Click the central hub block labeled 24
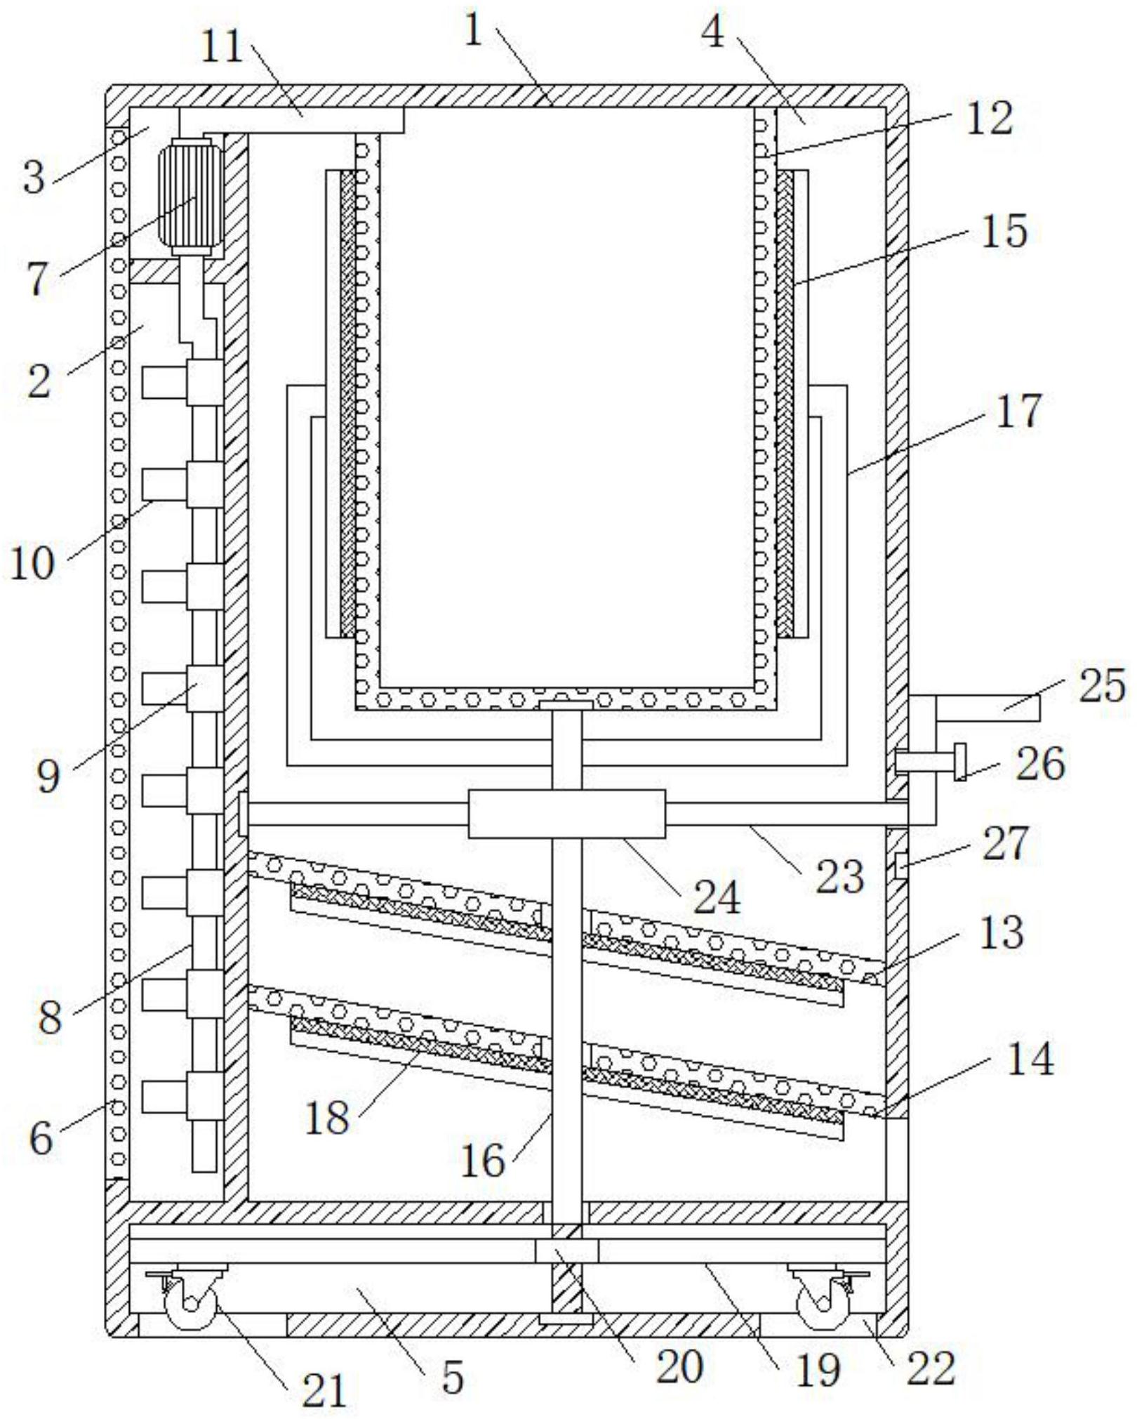(x=566, y=814)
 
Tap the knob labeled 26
(x=959, y=761)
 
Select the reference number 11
(x=223, y=49)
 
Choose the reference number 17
(x=1019, y=411)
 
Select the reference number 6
(x=40, y=1136)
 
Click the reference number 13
(x=1002, y=932)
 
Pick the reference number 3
(x=33, y=177)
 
